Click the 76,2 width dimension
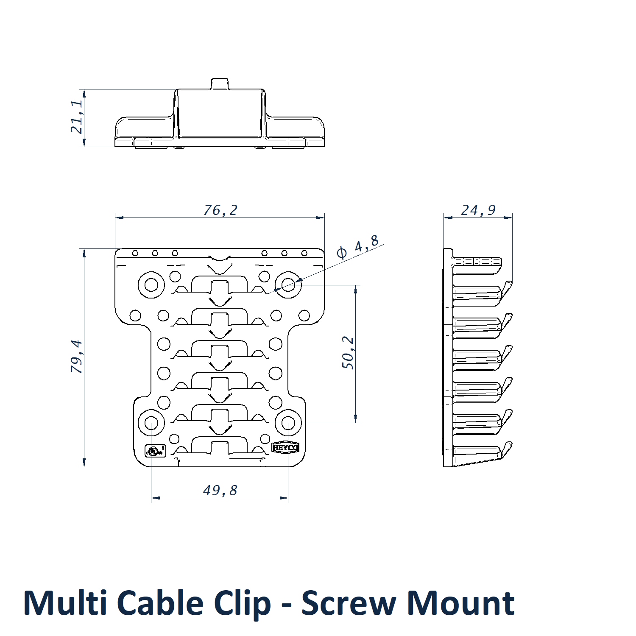tap(220, 210)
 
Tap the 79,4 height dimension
tap(77, 356)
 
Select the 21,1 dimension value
tap(77, 117)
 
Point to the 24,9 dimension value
tap(478, 210)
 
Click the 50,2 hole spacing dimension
tap(348, 353)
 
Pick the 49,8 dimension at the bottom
tap(220, 491)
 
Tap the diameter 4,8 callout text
tap(358, 248)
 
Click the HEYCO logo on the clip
tap(285, 448)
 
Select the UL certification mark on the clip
tap(155, 450)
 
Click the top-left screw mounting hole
tap(151, 284)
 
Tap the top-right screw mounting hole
tap(288, 284)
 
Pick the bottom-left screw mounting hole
tap(151, 423)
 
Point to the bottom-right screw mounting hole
tap(288, 423)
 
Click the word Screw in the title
tap(349, 603)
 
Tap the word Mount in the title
tap(460, 603)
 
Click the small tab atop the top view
tap(220, 84)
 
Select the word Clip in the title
tap(243, 603)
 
